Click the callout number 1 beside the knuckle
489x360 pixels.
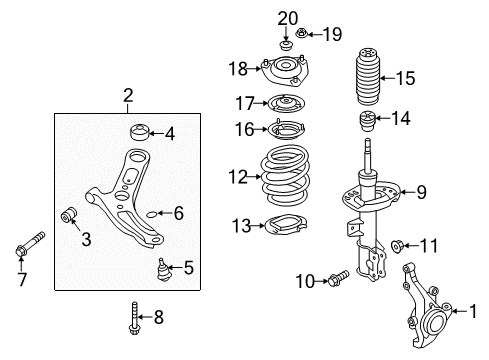473,311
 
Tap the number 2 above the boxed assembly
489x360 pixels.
128,96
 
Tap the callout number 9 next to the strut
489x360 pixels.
421,192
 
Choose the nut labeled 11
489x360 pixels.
399,246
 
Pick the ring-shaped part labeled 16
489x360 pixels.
284,129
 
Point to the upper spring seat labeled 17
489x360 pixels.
284,103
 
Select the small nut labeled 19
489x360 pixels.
301,35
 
